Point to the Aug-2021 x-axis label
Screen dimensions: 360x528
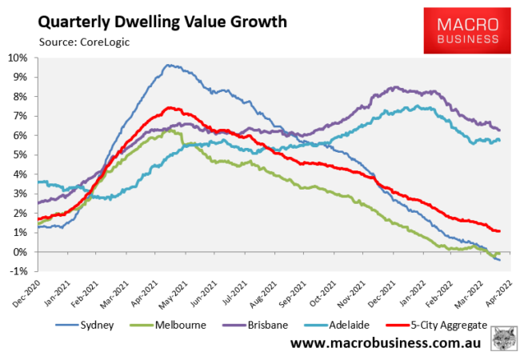[x=265, y=294]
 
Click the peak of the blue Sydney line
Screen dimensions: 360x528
[x=168, y=65]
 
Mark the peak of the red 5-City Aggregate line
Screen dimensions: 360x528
[x=170, y=107]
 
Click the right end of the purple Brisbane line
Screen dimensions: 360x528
[x=500, y=130]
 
